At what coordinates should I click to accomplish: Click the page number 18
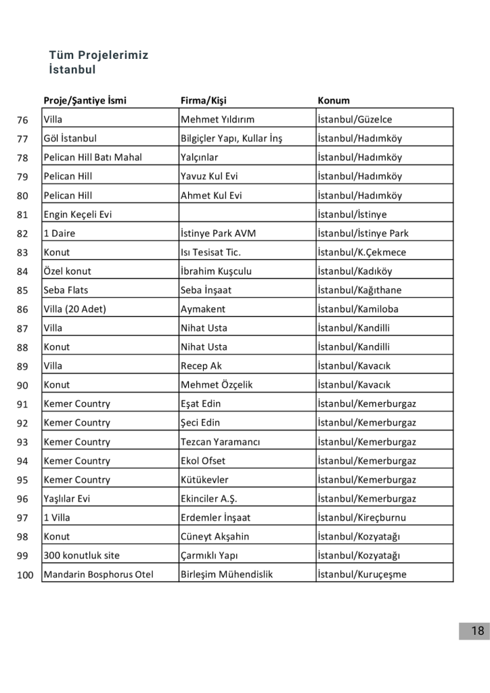click(x=477, y=631)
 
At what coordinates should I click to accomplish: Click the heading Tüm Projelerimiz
click(x=98, y=55)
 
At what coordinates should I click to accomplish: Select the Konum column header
click(x=334, y=101)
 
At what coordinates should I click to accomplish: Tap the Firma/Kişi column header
click(x=203, y=101)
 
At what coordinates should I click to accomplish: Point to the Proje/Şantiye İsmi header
click(x=85, y=101)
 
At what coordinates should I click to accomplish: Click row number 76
click(x=22, y=120)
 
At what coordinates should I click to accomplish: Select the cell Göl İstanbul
click(x=70, y=139)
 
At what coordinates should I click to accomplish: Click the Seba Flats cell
click(x=66, y=290)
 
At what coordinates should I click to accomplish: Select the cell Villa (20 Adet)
click(x=75, y=309)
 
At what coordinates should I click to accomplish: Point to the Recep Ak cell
click(x=201, y=366)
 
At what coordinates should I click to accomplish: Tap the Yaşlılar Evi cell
click(x=67, y=499)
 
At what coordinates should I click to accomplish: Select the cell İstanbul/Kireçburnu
click(x=363, y=518)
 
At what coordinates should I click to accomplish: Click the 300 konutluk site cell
click(x=81, y=556)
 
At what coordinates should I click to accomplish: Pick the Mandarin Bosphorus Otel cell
click(x=98, y=575)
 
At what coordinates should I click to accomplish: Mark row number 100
click(x=20, y=575)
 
